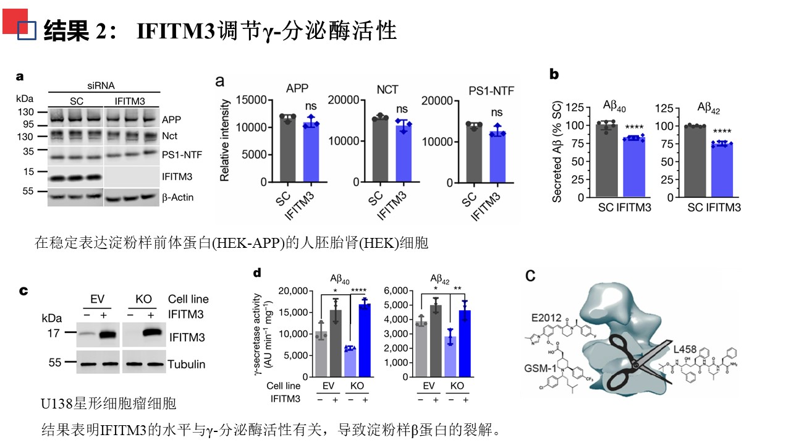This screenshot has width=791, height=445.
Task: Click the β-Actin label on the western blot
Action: pyautogui.click(x=178, y=198)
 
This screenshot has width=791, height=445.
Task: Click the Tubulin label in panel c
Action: pyautogui.click(x=186, y=364)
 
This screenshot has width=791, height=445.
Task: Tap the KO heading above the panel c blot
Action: pyautogui.click(x=143, y=299)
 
